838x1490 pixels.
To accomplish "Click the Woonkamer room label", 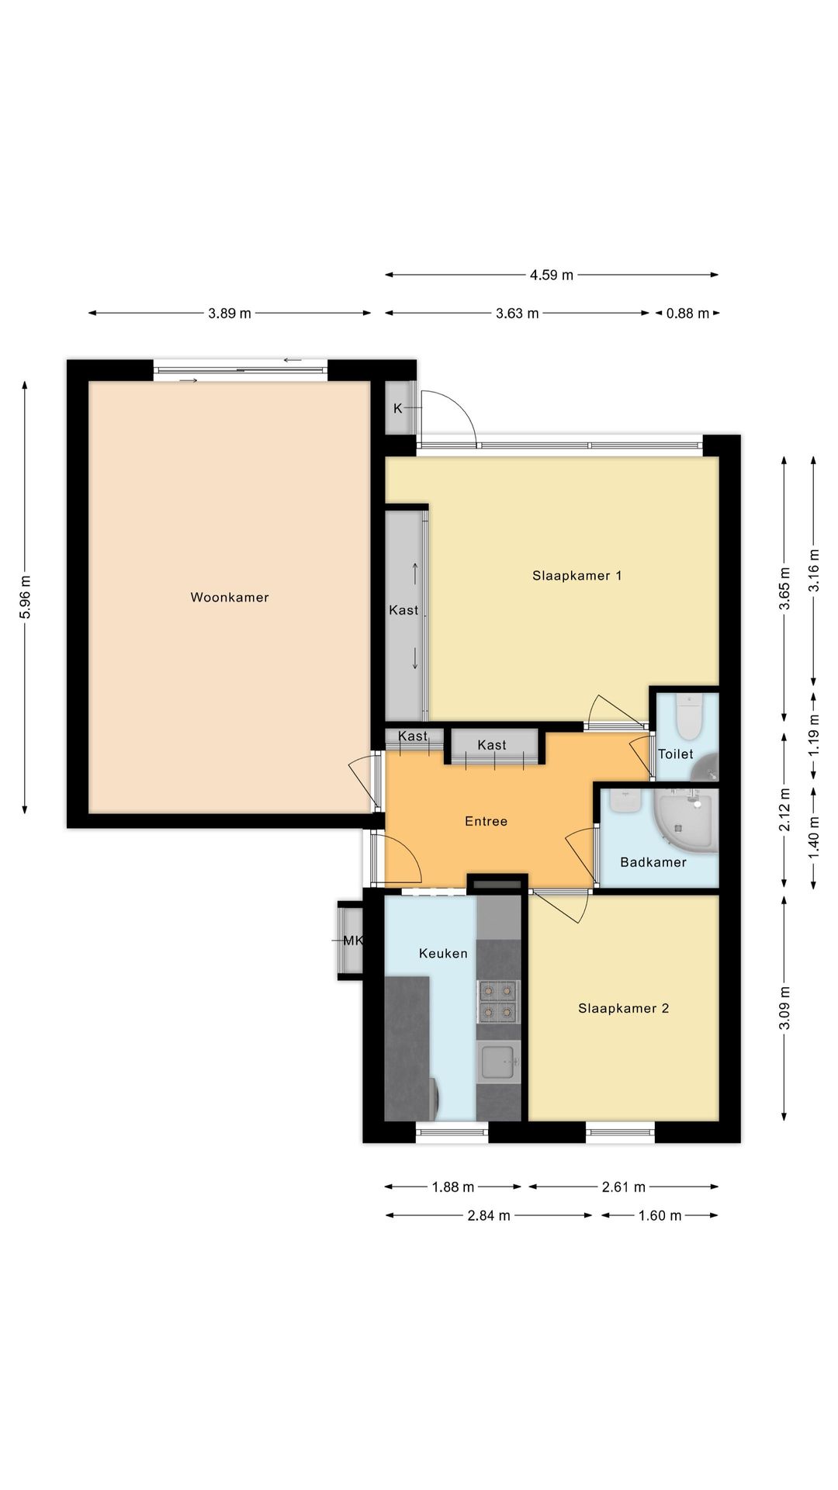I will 230,597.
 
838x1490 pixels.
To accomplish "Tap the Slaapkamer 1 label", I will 577,575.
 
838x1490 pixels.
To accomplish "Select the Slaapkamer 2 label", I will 623,1008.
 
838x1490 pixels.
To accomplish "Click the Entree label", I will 486,821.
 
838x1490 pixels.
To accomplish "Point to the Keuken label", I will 443,953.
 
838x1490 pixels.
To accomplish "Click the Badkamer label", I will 653,861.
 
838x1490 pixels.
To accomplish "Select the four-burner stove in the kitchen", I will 497,1001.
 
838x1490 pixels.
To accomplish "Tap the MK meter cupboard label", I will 352,941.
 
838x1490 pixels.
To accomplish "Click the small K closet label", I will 397,408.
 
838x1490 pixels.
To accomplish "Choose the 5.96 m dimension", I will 25,597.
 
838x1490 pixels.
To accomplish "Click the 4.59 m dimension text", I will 552,275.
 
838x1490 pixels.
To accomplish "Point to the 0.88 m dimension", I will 687,314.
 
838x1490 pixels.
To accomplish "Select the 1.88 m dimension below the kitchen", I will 452,1187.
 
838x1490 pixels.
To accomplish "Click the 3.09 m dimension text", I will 784,1007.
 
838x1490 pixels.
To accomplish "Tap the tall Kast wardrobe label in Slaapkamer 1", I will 403,610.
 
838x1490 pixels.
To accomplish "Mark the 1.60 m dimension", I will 660,1215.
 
